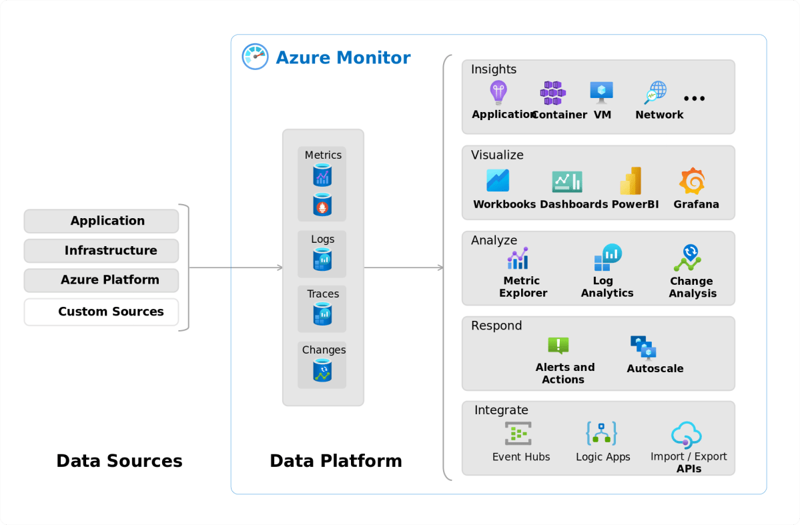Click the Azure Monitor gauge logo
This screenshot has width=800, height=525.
(x=255, y=57)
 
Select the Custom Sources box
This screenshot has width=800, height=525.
(x=101, y=312)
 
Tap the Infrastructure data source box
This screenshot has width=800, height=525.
(x=101, y=251)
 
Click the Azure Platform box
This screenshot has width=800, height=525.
(x=101, y=280)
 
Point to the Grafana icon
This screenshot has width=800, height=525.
(x=692, y=181)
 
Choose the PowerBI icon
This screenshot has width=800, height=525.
(x=631, y=181)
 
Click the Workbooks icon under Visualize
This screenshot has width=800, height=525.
(x=498, y=181)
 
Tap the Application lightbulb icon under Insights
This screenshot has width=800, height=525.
(x=498, y=93)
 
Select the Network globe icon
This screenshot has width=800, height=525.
(x=656, y=93)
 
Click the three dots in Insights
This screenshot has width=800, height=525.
(x=694, y=99)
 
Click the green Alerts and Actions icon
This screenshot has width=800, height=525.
(x=558, y=346)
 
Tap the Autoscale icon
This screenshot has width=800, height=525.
(x=644, y=348)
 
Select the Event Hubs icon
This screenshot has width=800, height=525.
(x=518, y=434)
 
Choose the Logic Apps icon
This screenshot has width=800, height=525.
(x=602, y=434)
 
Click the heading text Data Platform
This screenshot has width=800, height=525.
(x=336, y=461)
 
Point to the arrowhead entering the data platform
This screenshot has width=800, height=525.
(x=280, y=268)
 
